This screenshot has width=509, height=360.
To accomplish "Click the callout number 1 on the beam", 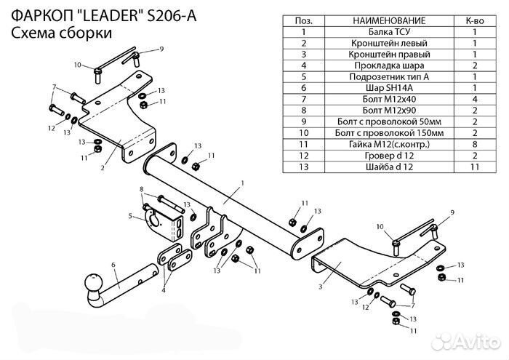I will [242, 182].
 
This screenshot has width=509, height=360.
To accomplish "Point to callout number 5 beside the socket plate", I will [129, 215].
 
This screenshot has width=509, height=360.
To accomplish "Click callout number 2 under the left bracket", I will [103, 167].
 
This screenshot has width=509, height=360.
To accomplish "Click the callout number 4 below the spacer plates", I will [163, 290].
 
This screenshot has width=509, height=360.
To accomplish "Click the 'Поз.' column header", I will [303, 22].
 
